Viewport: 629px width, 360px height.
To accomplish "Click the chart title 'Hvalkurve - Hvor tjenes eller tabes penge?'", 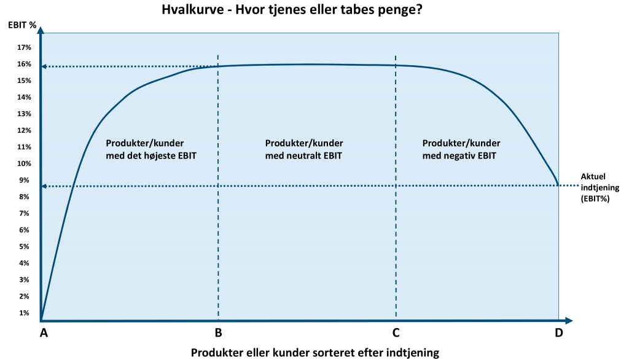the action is pyautogui.click(x=292, y=9).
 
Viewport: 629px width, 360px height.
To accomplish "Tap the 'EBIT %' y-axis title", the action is pyautogui.click(x=22, y=25).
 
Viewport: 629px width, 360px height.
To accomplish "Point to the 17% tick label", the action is pyautogui.click(x=24, y=47).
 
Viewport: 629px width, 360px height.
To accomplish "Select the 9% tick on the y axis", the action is pyautogui.click(x=24, y=180).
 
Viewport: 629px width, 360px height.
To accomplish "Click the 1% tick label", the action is pyautogui.click(x=24, y=313).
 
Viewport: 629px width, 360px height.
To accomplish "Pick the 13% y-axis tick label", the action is pyautogui.click(x=24, y=114).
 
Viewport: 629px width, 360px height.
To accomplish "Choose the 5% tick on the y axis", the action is pyautogui.click(x=24, y=246).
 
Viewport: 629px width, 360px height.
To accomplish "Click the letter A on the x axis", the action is pyautogui.click(x=44, y=333).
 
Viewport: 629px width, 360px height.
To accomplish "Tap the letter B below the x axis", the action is pyautogui.click(x=218, y=333).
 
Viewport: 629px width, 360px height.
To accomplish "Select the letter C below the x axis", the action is pyautogui.click(x=396, y=333).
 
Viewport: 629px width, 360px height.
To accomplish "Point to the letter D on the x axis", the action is pyautogui.click(x=558, y=333).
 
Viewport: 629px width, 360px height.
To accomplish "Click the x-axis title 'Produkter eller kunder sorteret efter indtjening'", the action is pyautogui.click(x=315, y=353).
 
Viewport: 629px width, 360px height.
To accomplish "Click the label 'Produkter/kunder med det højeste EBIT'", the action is pyautogui.click(x=151, y=149).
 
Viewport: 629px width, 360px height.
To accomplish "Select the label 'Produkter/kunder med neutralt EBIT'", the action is pyautogui.click(x=304, y=149).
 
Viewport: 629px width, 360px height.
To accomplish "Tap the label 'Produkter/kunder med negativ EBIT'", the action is pyautogui.click(x=461, y=149).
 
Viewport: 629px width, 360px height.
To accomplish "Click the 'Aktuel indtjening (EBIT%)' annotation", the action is pyautogui.click(x=600, y=187).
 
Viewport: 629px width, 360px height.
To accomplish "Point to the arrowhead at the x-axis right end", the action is pyautogui.click(x=568, y=320).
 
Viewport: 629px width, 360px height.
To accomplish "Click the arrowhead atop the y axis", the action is pyautogui.click(x=41, y=29).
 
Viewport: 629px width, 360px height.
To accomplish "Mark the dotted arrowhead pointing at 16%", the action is pyautogui.click(x=44, y=66).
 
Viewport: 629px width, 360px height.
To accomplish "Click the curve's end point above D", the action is pyautogui.click(x=558, y=185).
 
